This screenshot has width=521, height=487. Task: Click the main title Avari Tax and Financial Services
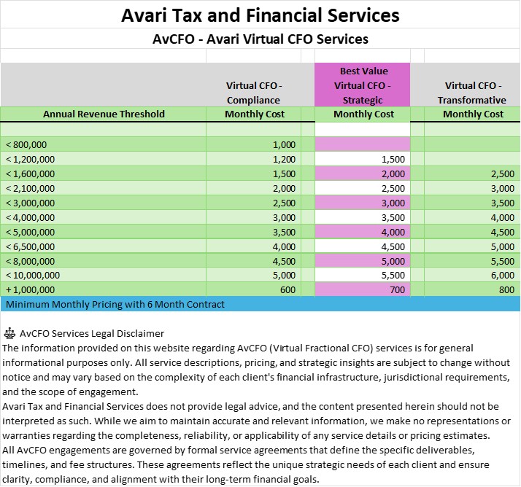click(260, 15)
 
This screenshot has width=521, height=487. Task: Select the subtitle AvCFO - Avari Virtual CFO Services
click(260, 39)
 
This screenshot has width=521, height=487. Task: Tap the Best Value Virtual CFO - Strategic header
click(363, 85)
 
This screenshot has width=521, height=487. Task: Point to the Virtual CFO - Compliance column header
click(253, 93)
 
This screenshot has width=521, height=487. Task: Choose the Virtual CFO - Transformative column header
click(474, 93)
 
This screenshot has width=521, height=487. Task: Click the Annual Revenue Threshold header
click(104, 114)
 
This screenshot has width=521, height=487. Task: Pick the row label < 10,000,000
click(34, 276)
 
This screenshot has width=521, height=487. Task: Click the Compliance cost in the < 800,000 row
click(285, 144)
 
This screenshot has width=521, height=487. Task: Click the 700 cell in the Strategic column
click(397, 289)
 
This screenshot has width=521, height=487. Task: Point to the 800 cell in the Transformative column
click(506, 289)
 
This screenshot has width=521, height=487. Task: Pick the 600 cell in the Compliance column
click(287, 289)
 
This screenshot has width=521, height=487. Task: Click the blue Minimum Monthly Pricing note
click(115, 304)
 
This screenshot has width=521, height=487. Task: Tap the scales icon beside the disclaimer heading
click(9, 334)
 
